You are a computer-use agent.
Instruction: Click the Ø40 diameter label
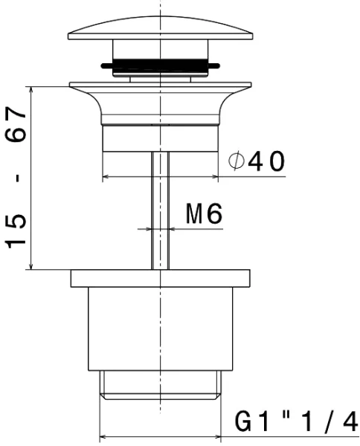pyautogui.click(x=257, y=161)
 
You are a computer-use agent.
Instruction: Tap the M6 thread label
pyautogui.click(x=204, y=213)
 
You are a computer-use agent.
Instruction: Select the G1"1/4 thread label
pyautogui.click(x=296, y=421)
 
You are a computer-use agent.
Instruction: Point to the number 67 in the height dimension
pyautogui.click(x=16, y=124)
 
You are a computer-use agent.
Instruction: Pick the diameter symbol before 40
pyautogui.click(x=237, y=161)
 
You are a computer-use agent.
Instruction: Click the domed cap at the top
pyautogui.click(x=160, y=28)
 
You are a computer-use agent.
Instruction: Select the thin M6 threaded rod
pyautogui.click(x=160, y=210)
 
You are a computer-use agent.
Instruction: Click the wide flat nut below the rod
pyautogui.click(x=160, y=278)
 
